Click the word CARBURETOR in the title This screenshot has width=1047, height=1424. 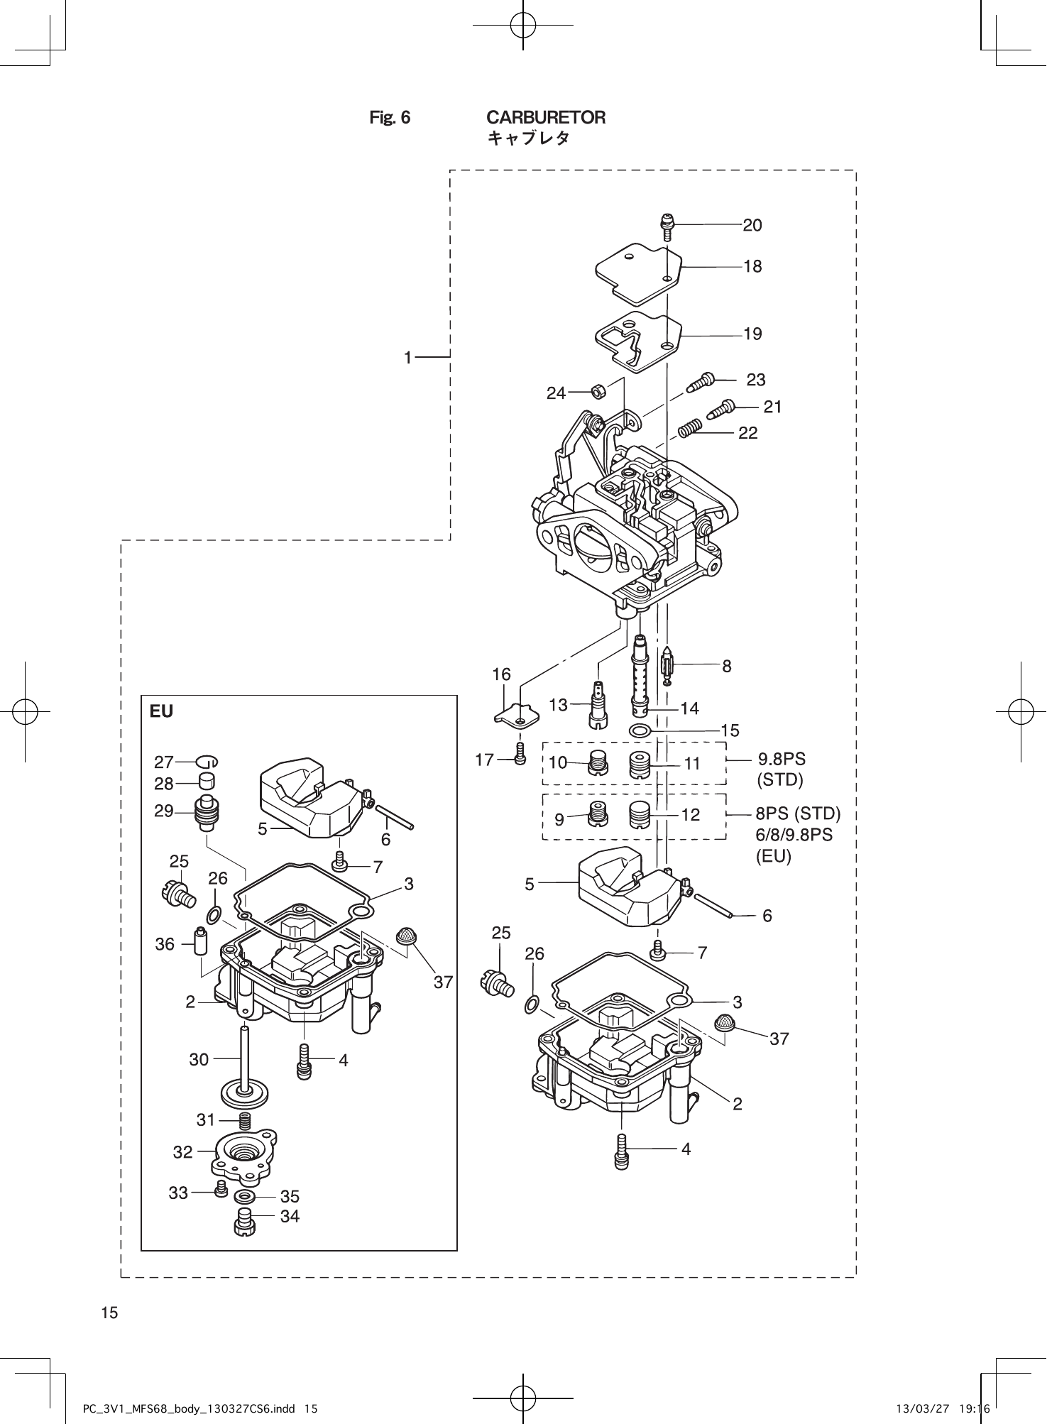click(x=545, y=117)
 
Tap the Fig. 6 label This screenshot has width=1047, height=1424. click(x=390, y=118)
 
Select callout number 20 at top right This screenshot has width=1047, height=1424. click(x=752, y=225)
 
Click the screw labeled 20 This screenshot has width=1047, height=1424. click(x=666, y=227)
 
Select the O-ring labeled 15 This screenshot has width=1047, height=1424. click(x=640, y=730)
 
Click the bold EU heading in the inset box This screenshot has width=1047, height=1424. click(x=161, y=711)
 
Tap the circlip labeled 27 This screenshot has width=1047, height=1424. click(x=207, y=762)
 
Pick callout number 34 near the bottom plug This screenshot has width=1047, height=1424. click(x=290, y=1217)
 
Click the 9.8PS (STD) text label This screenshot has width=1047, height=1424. click(x=781, y=769)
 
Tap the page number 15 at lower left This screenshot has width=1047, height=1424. click(x=109, y=1313)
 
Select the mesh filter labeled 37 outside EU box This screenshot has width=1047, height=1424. click(x=725, y=1023)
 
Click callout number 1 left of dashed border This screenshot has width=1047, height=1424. click(x=407, y=358)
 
